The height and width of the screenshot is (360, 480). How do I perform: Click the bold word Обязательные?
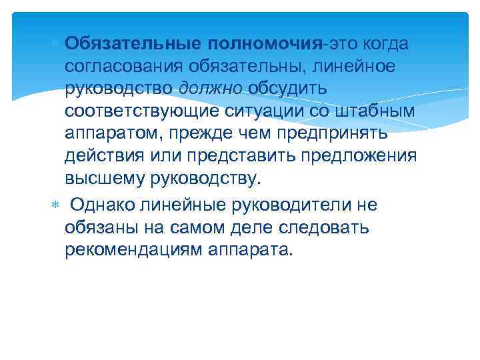coord(133,43)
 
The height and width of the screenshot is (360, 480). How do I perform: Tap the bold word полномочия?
coord(265,43)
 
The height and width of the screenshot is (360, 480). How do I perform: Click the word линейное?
coord(361,66)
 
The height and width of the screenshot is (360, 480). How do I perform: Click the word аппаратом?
coord(113,134)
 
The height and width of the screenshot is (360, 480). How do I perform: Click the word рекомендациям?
coord(135,250)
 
